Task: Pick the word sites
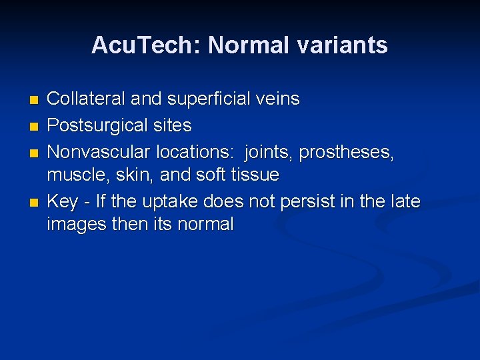click(x=173, y=125)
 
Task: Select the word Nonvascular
click(x=99, y=152)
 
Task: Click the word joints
click(x=269, y=152)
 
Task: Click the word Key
click(x=62, y=201)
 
